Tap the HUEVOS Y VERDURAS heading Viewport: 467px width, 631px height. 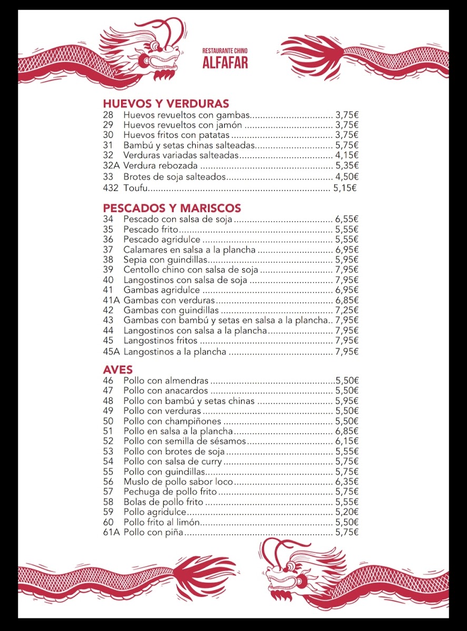point(166,104)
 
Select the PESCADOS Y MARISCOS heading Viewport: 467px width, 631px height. point(172,208)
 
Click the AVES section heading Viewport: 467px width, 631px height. point(118,370)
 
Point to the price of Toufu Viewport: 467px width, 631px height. point(345,188)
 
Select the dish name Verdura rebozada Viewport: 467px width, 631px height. point(153,166)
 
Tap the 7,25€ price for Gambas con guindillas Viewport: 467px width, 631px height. point(346,310)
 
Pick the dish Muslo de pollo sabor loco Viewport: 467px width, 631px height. point(171,482)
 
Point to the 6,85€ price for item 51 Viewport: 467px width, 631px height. point(346,431)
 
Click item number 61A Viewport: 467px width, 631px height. point(112,533)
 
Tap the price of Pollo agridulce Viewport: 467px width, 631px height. point(346,512)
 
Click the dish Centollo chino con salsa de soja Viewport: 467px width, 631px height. point(191,270)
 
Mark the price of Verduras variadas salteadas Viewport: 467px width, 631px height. point(346,155)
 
